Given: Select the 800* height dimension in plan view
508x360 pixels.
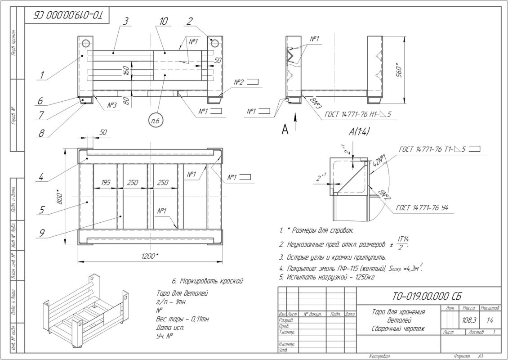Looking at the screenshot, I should point(60,196).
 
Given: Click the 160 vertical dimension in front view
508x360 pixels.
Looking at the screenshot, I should point(127,71).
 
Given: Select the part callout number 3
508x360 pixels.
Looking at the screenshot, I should point(126,21).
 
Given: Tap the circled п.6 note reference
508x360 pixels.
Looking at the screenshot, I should point(155,120).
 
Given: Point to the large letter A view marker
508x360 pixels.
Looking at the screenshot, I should point(285,130).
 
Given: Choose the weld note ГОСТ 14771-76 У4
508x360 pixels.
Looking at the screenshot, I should point(425,208).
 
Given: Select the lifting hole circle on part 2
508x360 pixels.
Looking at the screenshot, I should point(214,43).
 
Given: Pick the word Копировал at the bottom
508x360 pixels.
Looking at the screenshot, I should point(379,356).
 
